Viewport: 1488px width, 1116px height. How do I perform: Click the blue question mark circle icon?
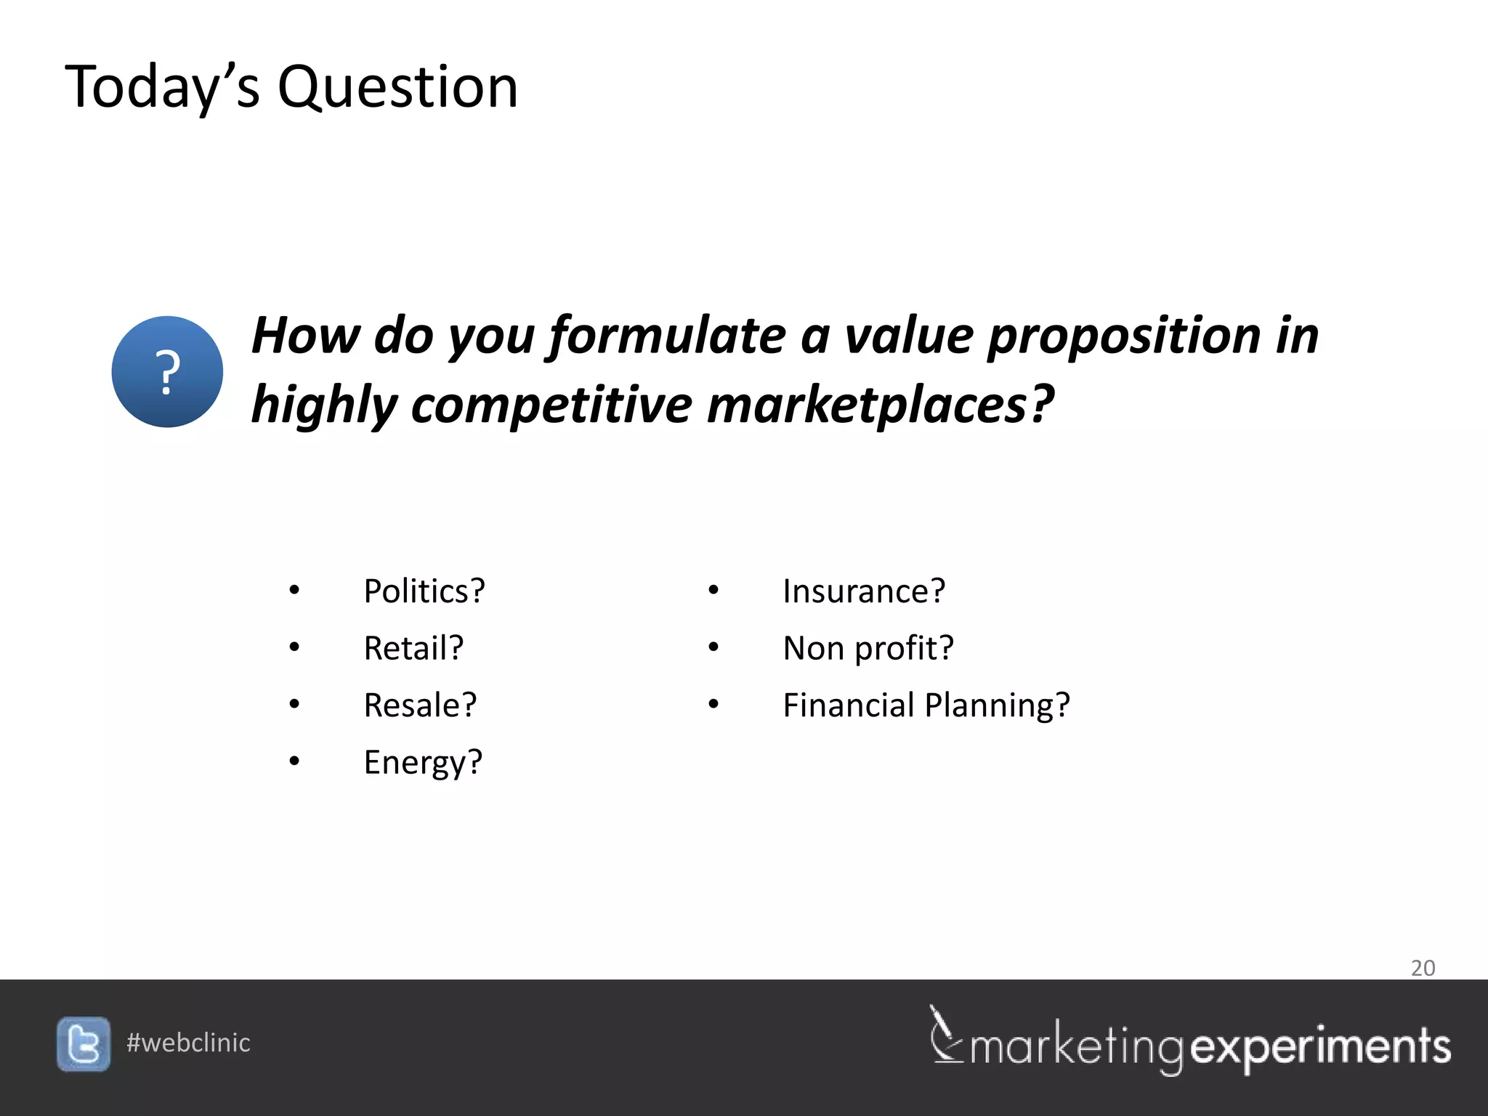click(167, 371)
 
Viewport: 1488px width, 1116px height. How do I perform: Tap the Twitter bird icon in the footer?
click(84, 1044)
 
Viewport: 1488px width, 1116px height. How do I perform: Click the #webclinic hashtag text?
click(188, 1043)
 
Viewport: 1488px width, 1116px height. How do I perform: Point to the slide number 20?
click(1423, 968)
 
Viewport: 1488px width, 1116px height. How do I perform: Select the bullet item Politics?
click(424, 591)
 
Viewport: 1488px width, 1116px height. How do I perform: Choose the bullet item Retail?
click(413, 648)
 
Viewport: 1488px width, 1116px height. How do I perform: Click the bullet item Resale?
click(420, 705)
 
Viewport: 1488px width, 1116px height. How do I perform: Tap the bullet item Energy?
click(423, 762)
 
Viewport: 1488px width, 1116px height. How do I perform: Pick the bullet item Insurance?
click(864, 591)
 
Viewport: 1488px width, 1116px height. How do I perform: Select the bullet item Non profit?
click(868, 648)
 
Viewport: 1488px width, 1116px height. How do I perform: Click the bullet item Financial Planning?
click(926, 705)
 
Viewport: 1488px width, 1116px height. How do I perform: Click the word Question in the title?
click(398, 87)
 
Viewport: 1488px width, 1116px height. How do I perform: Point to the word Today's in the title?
click(162, 87)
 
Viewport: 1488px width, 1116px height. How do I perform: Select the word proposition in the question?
click(1124, 336)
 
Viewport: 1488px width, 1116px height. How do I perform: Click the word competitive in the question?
click(551, 405)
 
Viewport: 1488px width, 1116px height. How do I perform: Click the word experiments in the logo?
click(1321, 1047)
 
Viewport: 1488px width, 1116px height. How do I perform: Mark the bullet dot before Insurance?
click(713, 590)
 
